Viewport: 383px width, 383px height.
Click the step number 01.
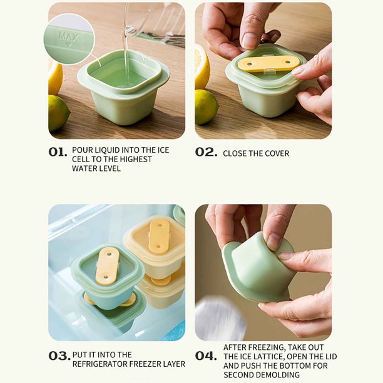58,152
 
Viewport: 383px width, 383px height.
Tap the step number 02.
206,152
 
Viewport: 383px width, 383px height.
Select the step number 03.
59,356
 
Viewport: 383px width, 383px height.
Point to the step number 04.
206,356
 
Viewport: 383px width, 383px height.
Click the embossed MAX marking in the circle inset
69,37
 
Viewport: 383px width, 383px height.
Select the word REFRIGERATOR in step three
100,364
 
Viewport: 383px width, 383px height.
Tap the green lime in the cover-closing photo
206,107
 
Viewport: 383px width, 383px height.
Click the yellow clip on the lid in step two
268,63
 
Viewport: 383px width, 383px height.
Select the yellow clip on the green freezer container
108,266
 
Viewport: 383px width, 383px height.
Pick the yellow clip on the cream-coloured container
159,236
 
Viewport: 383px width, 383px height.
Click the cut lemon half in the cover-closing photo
202,67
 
